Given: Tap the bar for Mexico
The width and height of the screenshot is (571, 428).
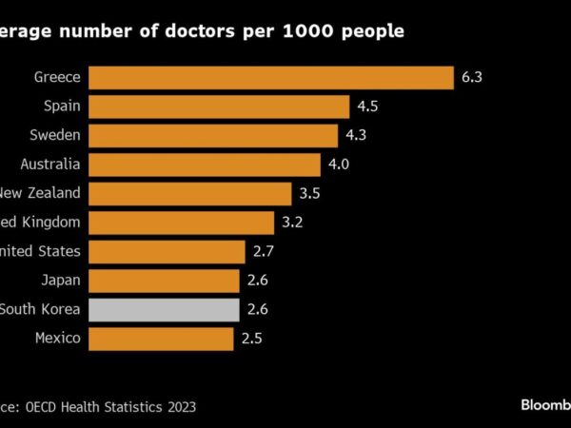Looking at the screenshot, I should (162, 339).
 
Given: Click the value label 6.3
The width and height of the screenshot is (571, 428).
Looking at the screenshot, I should (472, 77).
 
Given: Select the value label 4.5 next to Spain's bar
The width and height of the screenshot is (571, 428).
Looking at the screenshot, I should (367, 107).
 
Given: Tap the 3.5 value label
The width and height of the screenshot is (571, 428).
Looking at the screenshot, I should (309, 194).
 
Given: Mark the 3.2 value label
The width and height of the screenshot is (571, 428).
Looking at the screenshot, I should (292, 223).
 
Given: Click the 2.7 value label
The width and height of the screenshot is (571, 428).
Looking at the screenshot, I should (263, 252).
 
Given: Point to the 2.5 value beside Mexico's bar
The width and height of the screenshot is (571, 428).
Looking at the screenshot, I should (251, 339).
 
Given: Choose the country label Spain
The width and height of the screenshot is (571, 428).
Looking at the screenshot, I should (62, 107).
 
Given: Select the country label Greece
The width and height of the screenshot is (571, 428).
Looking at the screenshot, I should (58, 77).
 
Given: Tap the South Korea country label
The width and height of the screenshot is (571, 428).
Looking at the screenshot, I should (40, 309).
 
